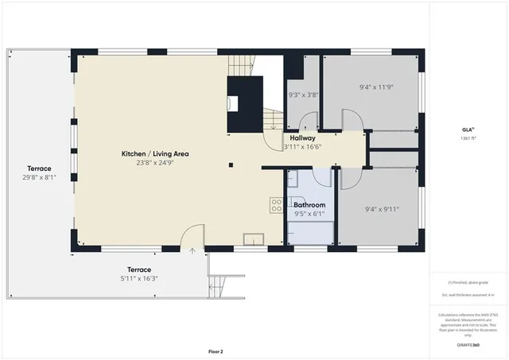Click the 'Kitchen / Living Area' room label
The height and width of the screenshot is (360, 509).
pos(154,153)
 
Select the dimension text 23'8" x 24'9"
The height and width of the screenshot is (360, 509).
pos(154,162)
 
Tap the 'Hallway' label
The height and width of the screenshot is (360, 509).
pos(302,137)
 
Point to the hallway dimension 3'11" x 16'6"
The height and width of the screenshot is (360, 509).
pos(302,146)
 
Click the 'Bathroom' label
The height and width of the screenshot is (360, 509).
pos(309,205)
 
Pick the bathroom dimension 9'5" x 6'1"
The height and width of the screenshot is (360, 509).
pos(309,213)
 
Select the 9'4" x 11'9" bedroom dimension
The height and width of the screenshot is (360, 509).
pos(378,87)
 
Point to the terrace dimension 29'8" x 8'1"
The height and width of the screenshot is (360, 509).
pos(39,178)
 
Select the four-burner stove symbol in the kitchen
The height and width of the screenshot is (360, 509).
pos(276,205)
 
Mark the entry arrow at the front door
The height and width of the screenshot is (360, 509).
pos(192,250)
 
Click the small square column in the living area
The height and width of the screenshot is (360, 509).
pos(231,165)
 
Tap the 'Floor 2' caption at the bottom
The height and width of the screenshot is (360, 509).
pos(216,350)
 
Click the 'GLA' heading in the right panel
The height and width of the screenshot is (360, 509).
pos(468,130)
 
